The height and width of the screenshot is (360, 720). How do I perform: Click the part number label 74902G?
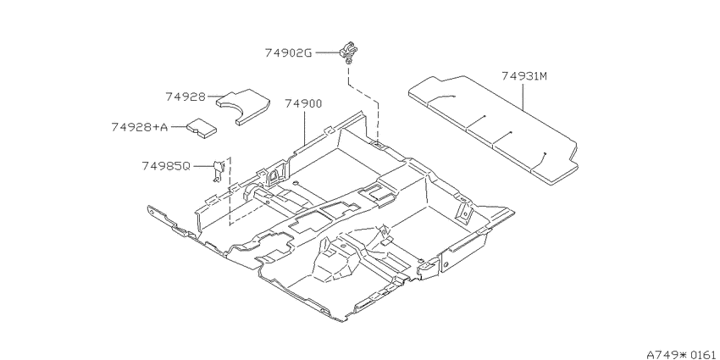point(288,53)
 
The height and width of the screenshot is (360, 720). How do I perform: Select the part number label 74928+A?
point(140,127)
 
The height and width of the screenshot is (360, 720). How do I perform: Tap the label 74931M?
point(524,76)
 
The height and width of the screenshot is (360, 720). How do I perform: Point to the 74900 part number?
point(303,104)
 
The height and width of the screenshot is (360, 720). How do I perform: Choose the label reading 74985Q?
point(165,166)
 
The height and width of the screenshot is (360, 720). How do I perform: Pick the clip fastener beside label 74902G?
point(348,52)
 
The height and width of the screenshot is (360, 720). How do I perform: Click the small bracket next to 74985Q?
point(218,170)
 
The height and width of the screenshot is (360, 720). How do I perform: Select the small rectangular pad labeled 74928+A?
point(202,128)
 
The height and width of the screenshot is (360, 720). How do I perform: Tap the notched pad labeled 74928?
point(242,106)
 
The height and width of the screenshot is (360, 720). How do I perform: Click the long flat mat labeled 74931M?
point(493,130)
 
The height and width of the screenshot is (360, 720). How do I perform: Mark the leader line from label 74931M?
point(523,96)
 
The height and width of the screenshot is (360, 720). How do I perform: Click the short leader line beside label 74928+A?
point(178,127)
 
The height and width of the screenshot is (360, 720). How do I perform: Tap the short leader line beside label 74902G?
point(327,53)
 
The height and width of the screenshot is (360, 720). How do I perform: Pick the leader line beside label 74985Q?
point(202,166)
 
